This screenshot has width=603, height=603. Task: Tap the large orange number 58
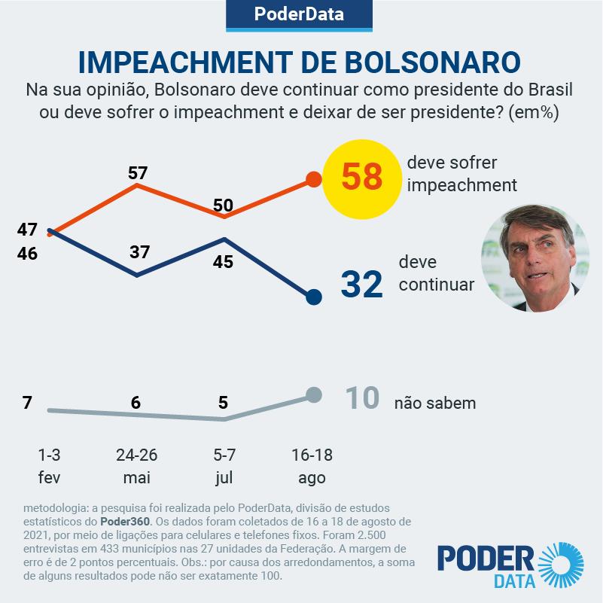tap(362, 178)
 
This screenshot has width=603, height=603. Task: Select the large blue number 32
tap(362, 285)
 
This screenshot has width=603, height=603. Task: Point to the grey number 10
tap(361, 399)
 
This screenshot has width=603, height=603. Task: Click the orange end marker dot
tap(314, 180)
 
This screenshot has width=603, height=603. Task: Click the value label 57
tap(138, 173)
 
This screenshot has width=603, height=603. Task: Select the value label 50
tap(224, 205)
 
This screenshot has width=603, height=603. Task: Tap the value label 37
tap(139, 252)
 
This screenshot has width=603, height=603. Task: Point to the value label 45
tap(224, 262)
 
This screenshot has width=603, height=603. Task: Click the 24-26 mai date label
tap(136, 466)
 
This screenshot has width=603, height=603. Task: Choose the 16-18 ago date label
tap(312, 466)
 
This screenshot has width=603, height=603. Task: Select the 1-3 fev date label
tap(49, 466)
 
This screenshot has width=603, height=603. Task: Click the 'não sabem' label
tap(435, 403)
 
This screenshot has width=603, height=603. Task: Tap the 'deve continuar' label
tap(437, 274)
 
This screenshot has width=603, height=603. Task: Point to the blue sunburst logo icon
tap(561, 564)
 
